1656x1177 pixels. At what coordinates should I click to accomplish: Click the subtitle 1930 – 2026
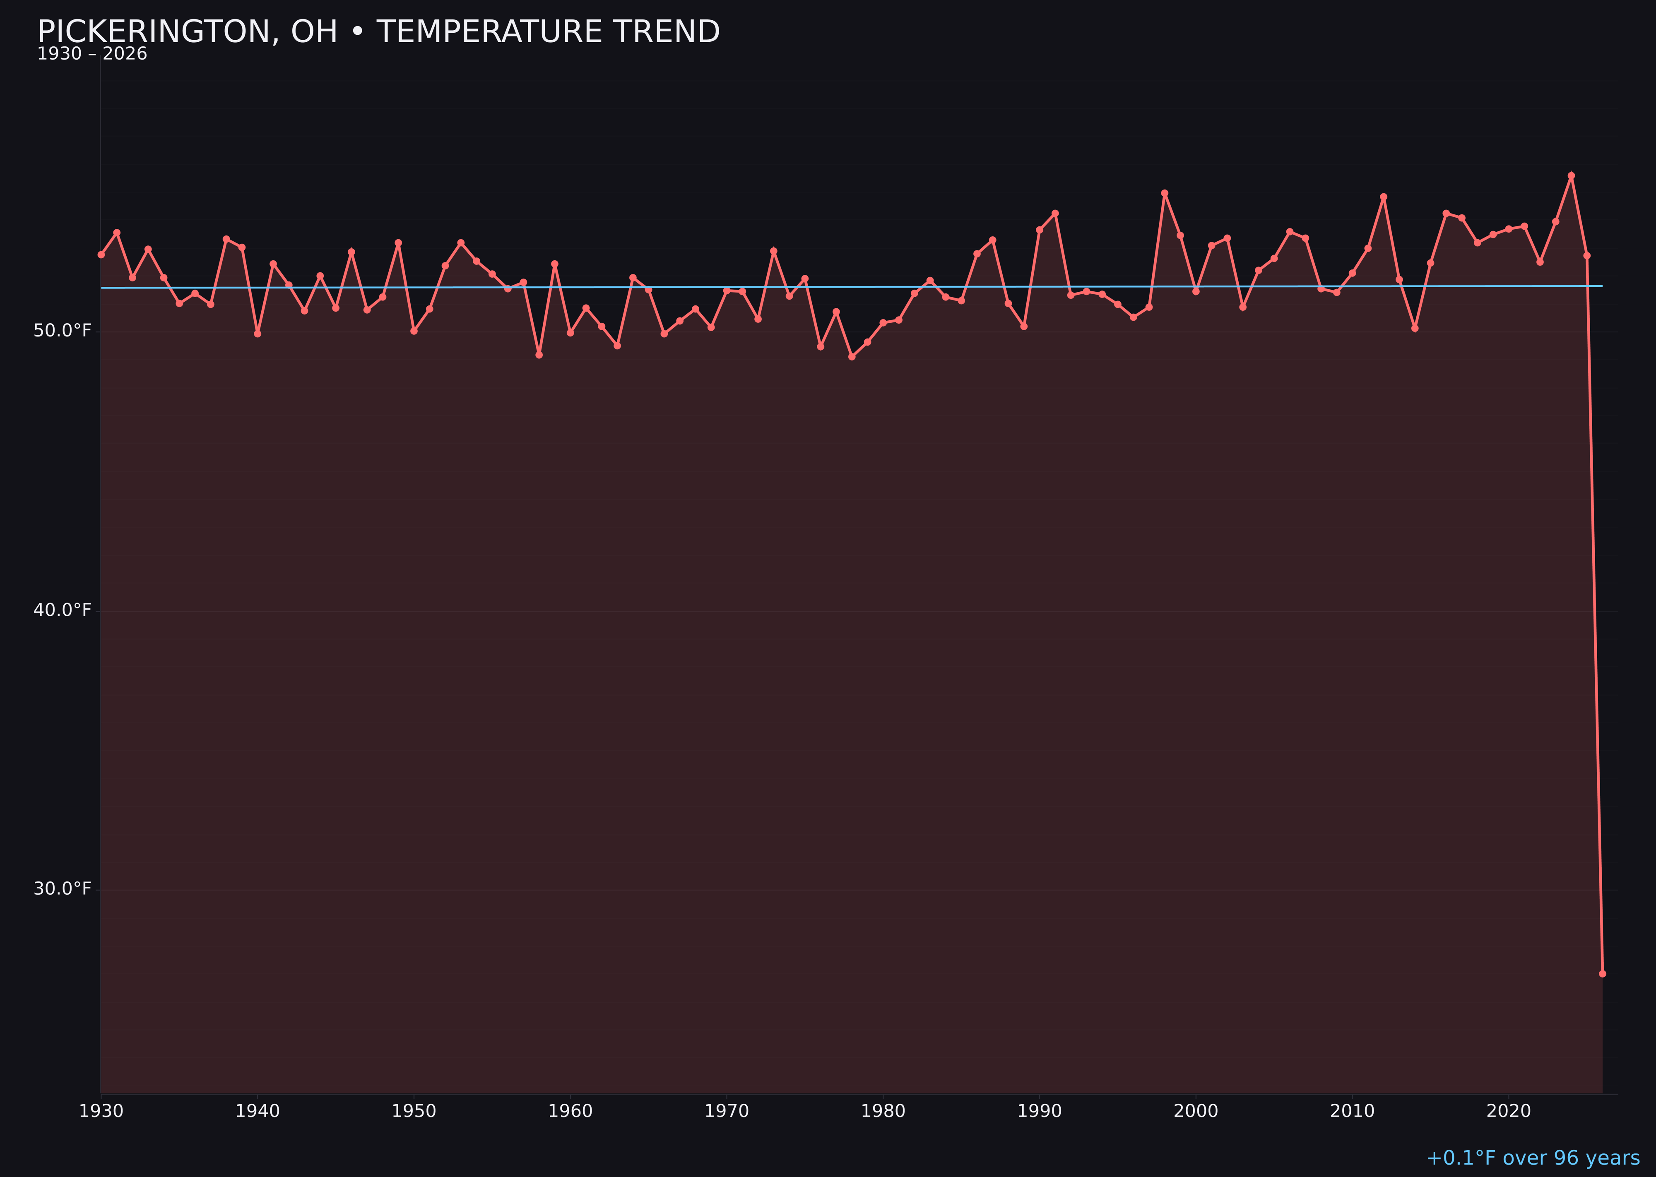tap(92, 54)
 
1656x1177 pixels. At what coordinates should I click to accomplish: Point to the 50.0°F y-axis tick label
tap(63, 331)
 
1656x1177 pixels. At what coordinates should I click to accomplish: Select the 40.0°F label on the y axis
tap(63, 610)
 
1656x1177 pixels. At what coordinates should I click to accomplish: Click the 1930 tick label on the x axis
tap(101, 1111)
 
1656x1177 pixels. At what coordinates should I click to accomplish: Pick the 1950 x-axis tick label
tap(414, 1111)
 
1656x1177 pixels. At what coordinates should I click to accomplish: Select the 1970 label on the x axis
tap(727, 1111)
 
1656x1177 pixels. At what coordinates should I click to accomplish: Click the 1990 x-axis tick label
tap(1039, 1111)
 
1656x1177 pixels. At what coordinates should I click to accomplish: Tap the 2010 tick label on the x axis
tap(1352, 1111)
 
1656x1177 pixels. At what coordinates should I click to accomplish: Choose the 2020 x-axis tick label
tap(1508, 1111)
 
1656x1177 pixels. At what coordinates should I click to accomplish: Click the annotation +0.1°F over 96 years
tap(1533, 1158)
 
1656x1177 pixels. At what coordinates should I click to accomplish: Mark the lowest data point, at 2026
tap(1602, 973)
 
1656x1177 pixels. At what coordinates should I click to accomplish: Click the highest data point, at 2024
tap(1571, 175)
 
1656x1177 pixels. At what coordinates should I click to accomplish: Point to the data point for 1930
tap(101, 255)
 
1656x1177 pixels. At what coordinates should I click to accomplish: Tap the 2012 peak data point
tap(1384, 197)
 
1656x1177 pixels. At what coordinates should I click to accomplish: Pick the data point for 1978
tap(852, 357)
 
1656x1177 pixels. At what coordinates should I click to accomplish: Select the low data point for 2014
tap(1415, 328)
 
